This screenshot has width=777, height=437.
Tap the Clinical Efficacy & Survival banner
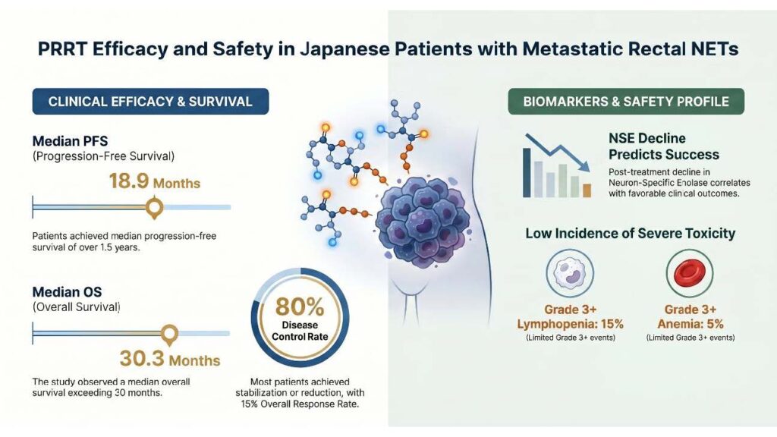point(151,102)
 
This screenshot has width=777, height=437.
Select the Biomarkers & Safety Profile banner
point(626,102)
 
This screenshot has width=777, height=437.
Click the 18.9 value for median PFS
point(129,181)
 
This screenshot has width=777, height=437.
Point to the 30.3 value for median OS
point(142,358)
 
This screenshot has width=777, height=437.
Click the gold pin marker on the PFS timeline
point(155,207)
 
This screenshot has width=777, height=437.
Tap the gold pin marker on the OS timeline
point(169,335)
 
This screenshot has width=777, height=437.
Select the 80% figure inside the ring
point(300,307)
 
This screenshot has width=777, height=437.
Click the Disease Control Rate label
point(300,331)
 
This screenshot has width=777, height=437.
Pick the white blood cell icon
point(570,273)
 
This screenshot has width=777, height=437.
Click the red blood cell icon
point(690,273)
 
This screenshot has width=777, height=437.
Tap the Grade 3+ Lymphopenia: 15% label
point(571,316)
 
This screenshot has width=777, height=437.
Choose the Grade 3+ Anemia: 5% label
point(690,316)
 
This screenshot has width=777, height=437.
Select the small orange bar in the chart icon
point(587,190)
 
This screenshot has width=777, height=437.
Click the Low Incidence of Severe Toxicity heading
point(631,234)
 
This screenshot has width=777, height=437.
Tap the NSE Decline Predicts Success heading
point(664,146)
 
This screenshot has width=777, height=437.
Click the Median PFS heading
point(70,141)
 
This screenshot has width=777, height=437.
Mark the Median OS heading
point(67,292)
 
